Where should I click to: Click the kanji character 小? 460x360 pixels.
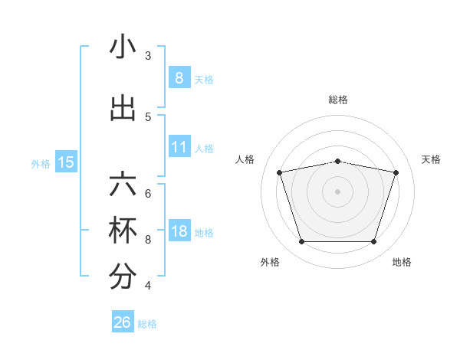click(x=123, y=47)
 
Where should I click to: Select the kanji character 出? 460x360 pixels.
click(x=123, y=108)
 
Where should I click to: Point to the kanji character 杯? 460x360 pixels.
click(x=123, y=232)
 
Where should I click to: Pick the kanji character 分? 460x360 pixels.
click(x=123, y=278)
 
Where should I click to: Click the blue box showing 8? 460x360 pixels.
click(x=179, y=77)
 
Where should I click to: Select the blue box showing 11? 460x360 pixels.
click(x=179, y=146)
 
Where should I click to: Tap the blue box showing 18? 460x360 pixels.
click(x=179, y=231)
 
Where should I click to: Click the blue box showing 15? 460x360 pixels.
click(x=66, y=162)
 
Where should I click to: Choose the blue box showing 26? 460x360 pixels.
click(x=123, y=322)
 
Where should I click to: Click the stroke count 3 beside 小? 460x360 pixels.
click(x=148, y=55)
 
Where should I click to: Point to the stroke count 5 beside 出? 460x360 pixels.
click(x=148, y=116)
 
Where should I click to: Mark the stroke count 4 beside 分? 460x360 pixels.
click(x=148, y=286)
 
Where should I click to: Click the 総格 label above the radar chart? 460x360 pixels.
click(x=337, y=100)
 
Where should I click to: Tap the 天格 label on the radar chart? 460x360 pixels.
click(x=432, y=159)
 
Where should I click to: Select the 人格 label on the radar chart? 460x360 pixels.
click(x=245, y=159)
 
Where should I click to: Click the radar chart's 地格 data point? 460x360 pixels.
click(x=373, y=242)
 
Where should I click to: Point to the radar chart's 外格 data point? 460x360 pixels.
click(x=301, y=242)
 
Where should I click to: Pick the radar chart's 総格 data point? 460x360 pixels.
click(x=337, y=161)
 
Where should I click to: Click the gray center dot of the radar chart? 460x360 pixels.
click(x=337, y=191)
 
